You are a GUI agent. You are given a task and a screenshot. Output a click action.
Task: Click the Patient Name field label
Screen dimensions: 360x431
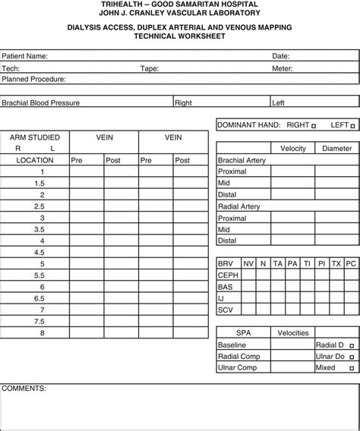point(25,56)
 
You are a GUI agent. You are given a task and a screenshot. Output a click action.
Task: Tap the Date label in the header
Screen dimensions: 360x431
point(280,56)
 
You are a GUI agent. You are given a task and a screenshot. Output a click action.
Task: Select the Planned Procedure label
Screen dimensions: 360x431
point(33,79)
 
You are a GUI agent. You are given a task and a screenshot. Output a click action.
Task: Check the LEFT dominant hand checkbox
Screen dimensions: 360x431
point(352,124)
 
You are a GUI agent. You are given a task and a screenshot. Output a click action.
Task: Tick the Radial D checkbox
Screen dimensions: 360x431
point(350,344)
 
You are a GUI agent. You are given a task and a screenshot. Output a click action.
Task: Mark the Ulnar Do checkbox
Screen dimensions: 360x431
point(350,356)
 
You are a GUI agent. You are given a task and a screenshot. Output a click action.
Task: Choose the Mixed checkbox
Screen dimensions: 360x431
point(350,367)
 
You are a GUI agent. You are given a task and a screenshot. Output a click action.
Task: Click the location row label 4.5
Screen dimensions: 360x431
point(39,252)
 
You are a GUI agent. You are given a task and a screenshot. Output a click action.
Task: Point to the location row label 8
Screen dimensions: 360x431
point(43,333)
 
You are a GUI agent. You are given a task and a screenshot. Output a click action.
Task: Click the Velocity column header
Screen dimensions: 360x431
point(293,149)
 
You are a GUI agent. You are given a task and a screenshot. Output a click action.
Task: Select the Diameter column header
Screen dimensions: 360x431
point(336,149)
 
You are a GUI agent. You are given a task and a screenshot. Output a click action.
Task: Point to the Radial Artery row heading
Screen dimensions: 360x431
point(239,206)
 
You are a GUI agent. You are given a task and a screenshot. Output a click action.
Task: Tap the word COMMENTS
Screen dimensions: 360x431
point(24,388)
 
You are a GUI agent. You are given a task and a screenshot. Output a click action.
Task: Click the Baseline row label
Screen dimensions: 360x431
point(232,344)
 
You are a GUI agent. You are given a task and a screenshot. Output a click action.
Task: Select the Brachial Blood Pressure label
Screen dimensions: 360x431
point(41,102)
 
